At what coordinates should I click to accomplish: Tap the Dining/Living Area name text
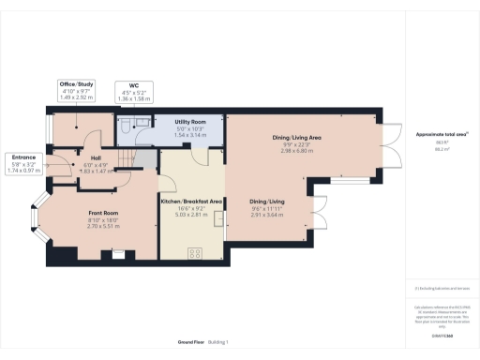pos(297,137)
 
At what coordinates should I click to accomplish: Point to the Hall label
pos(96,157)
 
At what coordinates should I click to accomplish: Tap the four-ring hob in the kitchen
pos(196,251)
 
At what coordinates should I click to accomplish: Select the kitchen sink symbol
pos(219,220)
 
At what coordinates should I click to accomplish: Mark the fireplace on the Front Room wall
pos(115,252)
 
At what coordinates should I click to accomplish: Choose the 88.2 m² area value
pos(435,148)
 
